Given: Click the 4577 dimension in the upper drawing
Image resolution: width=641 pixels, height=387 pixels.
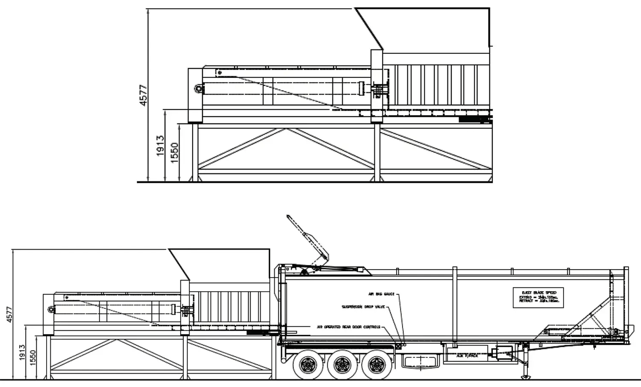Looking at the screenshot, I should (144, 95).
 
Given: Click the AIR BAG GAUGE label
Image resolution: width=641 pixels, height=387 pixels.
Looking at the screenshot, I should (381, 294).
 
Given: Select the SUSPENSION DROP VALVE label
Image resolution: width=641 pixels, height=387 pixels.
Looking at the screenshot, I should (363, 307).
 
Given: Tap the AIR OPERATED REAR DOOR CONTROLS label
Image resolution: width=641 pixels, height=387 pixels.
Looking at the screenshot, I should (348, 327).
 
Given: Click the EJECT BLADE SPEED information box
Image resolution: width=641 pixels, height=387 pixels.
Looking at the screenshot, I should (538, 297).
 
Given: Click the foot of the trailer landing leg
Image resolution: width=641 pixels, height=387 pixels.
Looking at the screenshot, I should (526, 377).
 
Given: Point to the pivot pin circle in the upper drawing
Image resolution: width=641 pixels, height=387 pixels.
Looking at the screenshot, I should (198, 89).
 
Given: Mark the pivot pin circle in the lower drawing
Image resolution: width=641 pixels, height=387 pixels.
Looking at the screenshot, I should (51, 309).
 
